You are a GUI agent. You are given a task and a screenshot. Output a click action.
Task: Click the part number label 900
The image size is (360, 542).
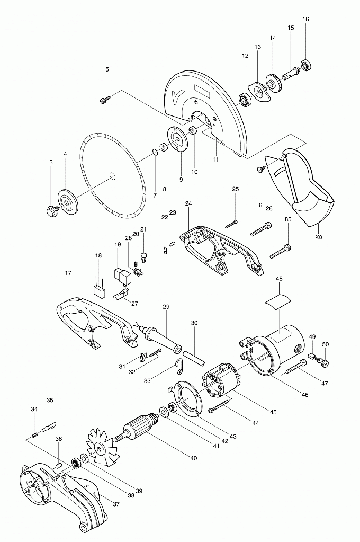click(x=318, y=237)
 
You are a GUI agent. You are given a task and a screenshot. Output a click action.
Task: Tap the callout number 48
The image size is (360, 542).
click(x=279, y=279)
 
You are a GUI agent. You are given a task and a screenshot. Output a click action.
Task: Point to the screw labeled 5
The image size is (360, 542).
click(x=104, y=98)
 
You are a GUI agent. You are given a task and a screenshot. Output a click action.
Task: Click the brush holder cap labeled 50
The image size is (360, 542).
click(x=326, y=363)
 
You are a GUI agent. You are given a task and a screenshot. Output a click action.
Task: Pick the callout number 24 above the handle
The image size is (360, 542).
click(x=188, y=203)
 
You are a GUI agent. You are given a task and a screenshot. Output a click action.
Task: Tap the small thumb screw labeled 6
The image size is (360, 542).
click(x=260, y=169)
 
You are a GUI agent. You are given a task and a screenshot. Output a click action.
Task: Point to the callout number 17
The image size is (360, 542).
click(x=68, y=273)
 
